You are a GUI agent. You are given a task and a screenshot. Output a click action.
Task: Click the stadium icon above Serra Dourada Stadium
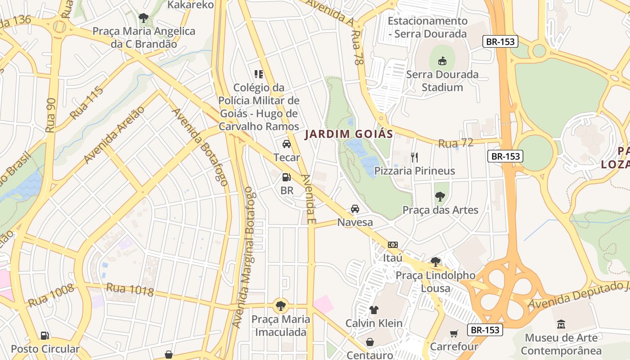(442, 61)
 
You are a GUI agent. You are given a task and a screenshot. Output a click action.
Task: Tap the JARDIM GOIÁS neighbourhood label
(349, 134)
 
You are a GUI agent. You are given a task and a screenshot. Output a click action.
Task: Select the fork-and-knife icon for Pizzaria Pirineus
(414, 157)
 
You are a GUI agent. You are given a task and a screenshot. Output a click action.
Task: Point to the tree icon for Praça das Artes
(440, 197)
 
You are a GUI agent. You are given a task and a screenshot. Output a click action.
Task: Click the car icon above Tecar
(286, 144)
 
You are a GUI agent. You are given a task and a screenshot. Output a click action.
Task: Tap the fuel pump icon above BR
(286, 177)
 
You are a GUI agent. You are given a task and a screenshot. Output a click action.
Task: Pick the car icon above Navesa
(355, 209)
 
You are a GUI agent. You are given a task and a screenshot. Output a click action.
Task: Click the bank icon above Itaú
(393, 245)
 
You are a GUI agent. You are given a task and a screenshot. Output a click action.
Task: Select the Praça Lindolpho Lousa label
(435, 282)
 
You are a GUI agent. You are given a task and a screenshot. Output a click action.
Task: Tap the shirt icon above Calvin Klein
(374, 310)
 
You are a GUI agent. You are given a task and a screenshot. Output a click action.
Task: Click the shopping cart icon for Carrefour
(454, 333)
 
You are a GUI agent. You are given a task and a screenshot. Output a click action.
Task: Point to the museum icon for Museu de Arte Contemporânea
(561, 324)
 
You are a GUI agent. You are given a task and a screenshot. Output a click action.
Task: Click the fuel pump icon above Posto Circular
(45, 335)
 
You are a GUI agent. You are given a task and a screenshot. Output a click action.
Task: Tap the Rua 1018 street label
(130, 289)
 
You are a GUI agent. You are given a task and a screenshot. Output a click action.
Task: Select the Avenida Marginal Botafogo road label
(243, 260)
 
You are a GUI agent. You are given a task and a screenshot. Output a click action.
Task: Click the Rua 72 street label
(455, 143)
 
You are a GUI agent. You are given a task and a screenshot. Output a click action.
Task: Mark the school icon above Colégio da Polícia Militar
(258, 74)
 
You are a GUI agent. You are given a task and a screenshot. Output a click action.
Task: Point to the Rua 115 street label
(86, 103)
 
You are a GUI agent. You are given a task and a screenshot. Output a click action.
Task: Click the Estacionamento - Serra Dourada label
(427, 27)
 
